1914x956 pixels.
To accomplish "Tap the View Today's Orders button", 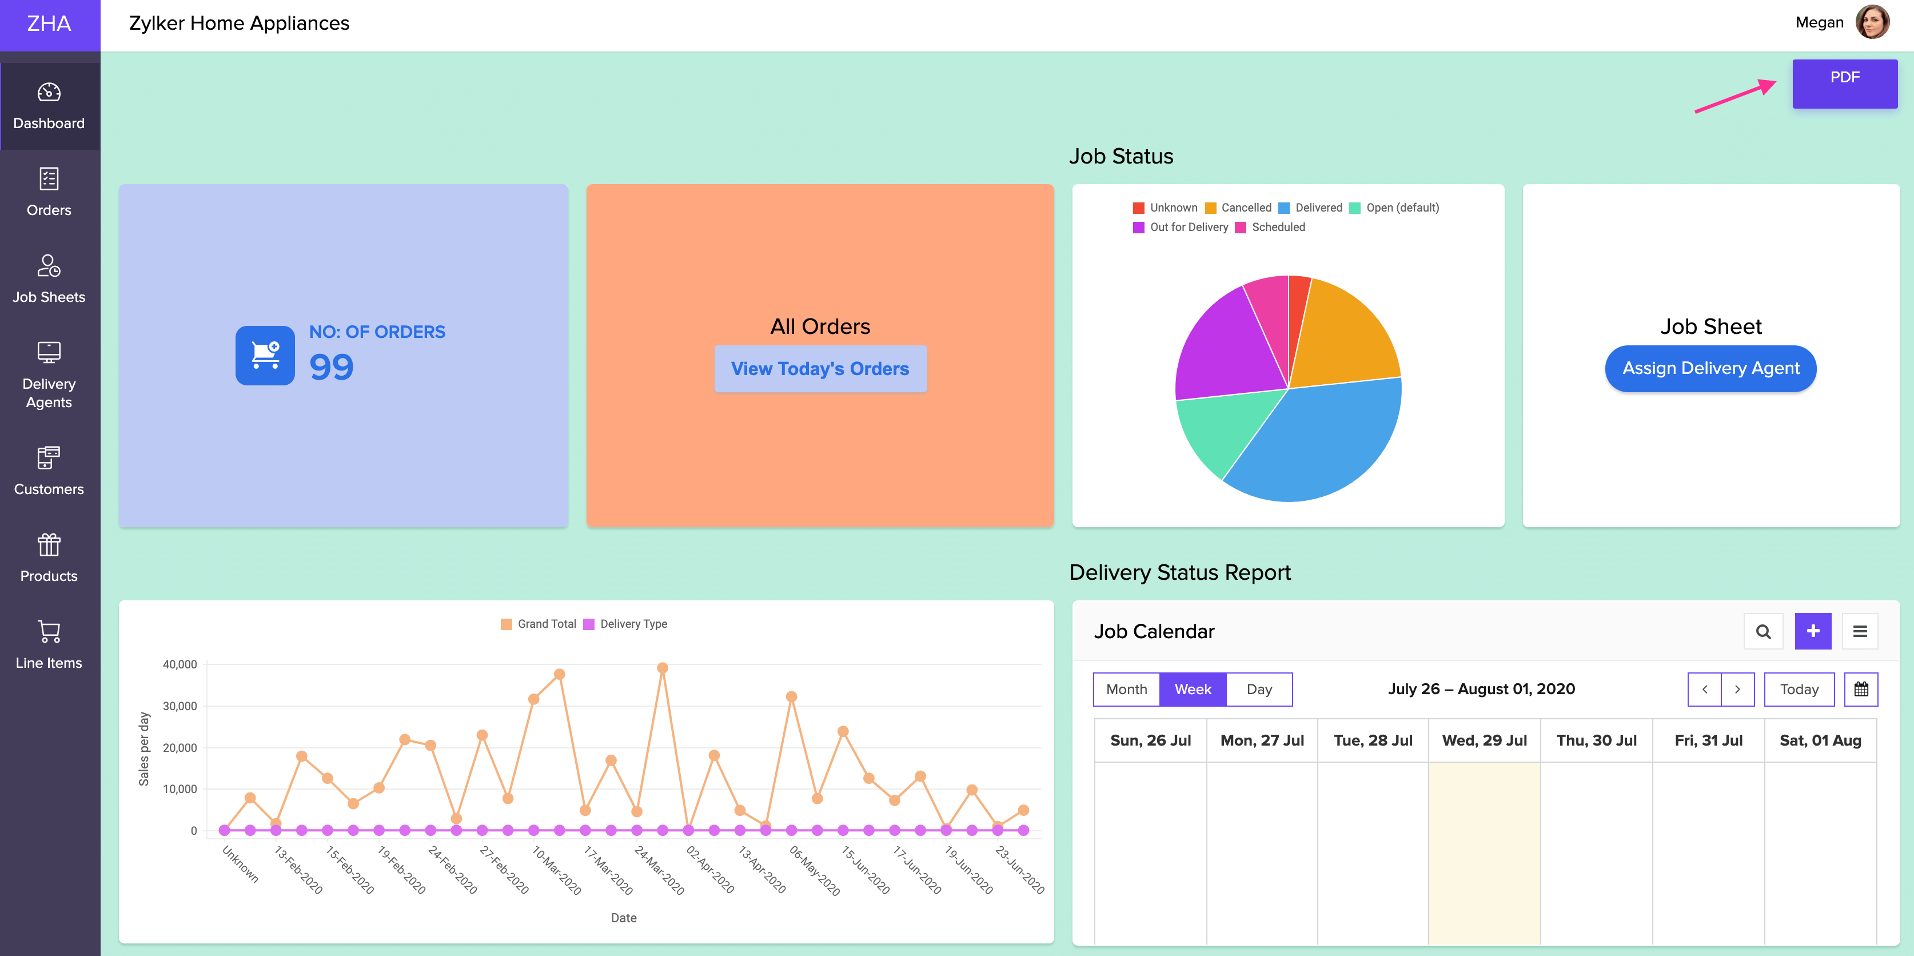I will (820, 369).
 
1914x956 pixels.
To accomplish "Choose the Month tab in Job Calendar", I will (1126, 689).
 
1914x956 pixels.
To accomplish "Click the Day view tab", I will (1259, 689).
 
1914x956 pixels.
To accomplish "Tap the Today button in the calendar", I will (1799, 689).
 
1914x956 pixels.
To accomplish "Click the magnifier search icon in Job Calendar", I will (1763, 631).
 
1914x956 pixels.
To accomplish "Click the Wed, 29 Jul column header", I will (1484, 740).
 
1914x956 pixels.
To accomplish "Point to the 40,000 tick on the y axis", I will (180, 664).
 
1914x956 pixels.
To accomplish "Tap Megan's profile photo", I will (1872, 22).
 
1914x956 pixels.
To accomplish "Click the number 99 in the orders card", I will (332, 367).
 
